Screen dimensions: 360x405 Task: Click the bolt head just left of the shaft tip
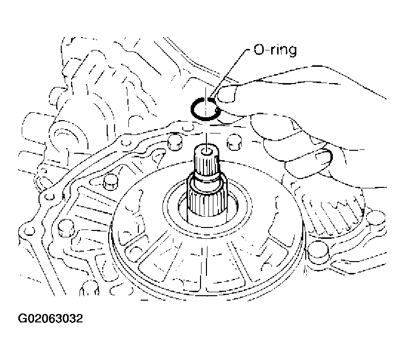(173, 143)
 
